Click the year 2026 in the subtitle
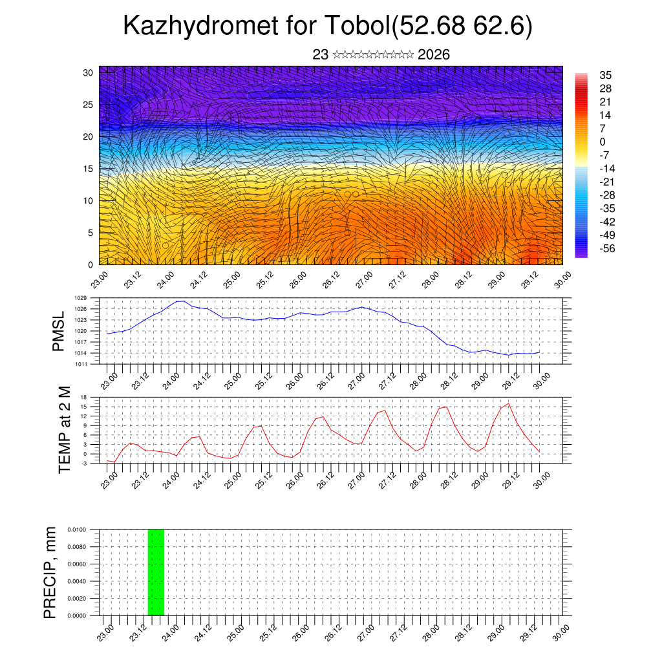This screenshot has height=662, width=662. click(434, 55)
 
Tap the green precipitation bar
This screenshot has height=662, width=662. click(156, 572)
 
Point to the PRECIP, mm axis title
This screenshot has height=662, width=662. click(50, 573)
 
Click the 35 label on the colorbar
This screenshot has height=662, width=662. click(606, 75)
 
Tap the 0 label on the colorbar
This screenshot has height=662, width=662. click(603, 142)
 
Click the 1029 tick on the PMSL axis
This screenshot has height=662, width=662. click(80, 298)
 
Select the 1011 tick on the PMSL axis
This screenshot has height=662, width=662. click(80, 364)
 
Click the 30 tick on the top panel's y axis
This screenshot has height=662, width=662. click(88, 72)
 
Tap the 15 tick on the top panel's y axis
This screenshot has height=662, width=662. click(88, 169)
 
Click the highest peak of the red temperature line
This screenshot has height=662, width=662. click(509, 403)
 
